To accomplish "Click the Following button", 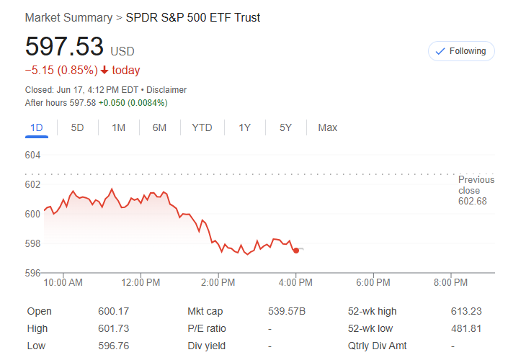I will click(x=461, y=51).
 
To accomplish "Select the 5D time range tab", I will click(x=77, y=127).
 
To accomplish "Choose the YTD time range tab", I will click(x=202, y=127).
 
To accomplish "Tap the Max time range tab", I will click(x=327, y=127).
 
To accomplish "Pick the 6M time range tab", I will click(x=159, y=127).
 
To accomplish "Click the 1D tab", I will click(x=37, y=127).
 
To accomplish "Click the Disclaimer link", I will click(x=167, y=90).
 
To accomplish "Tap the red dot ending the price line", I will click(x=296, y=251).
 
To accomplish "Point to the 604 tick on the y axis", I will click(x=33, y=156).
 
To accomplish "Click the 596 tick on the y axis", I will click(x=33, y=273).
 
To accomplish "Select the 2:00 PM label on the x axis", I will click(x=218, y=282).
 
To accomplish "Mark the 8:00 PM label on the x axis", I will click(x=451, y=282).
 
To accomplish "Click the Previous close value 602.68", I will click(x=473, y=201).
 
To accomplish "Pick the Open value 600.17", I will click(x=112, y=311).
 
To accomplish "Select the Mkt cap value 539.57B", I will click(x=287, y=311).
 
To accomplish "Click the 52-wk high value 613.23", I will click(x=466, y=311).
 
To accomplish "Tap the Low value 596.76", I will click(x=112, y=346).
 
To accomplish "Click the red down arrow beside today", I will click(x=104, y=71).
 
